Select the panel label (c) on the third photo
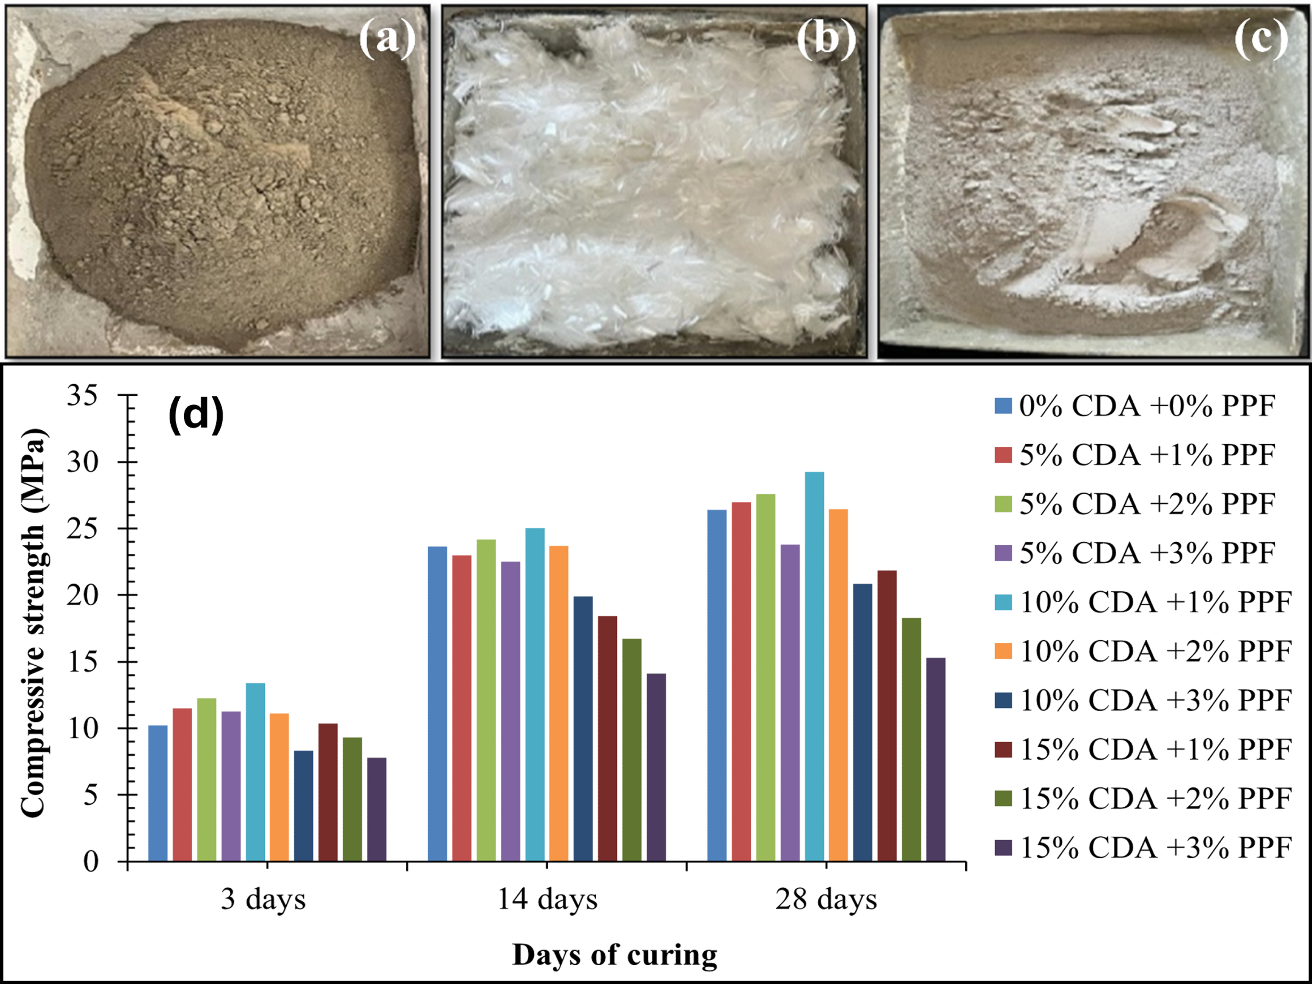click(x=1261, y=39)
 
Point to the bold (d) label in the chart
click(x=196, y=415)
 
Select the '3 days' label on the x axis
click(x=263, y=900)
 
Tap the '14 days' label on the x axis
click(x=547, y=900)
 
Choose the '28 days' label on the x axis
click(x=826, y=900)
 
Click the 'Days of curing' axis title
click(x=615, y=955)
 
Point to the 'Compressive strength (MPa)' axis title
click(x=33, y=622)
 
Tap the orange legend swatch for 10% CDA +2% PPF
click(x=1003, y=651)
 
